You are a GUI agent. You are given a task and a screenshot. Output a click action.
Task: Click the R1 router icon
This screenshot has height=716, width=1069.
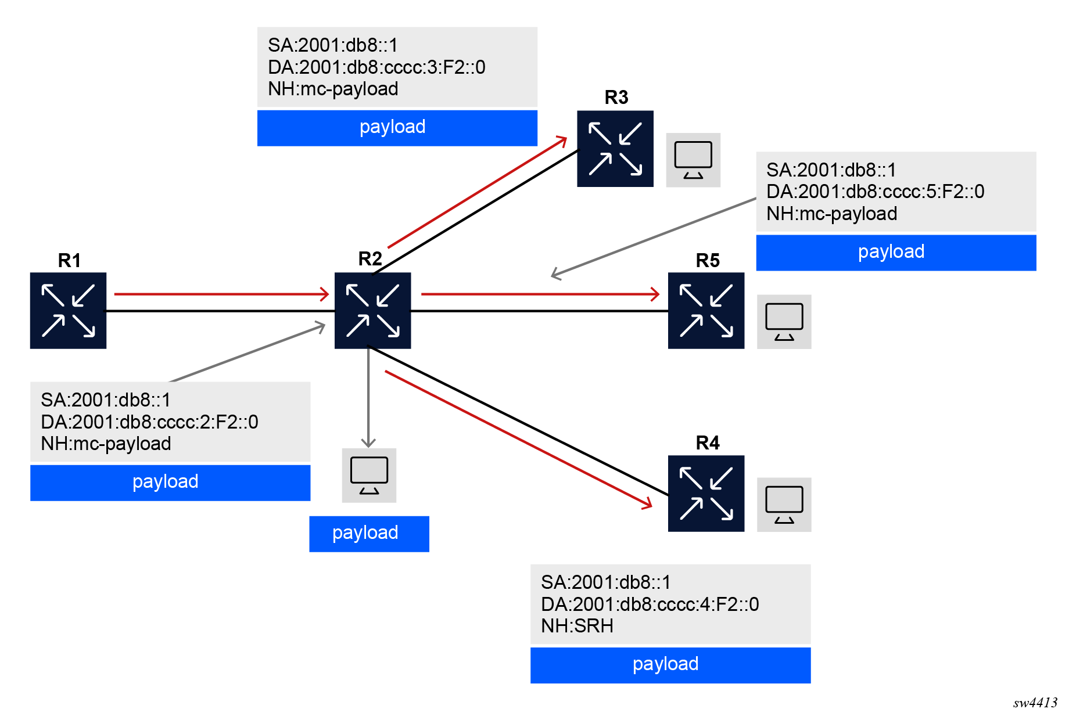click(x=68, y=311)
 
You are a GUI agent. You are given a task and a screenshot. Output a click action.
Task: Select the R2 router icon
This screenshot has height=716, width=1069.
click(x=372, y=311)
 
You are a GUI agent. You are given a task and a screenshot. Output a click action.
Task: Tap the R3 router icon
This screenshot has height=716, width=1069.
click(x=615, y=149)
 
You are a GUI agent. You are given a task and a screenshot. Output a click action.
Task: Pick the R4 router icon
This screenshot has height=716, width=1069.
click(x=706, y=494)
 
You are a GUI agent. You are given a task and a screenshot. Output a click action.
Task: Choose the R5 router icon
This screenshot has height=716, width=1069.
click(x=706, y=311)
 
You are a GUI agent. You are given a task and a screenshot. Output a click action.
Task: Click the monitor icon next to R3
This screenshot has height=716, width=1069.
click(x=693, y=160)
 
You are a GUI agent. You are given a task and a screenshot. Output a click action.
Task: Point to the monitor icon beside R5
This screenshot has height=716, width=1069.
click(x=784, y=322)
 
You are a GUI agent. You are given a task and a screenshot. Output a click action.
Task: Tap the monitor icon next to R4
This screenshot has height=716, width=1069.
click(x=784, y=505)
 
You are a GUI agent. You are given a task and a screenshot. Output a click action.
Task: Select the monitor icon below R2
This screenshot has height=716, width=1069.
click(x=369, y=475)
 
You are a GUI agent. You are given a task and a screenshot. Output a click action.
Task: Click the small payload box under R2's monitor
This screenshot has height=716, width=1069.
click(x=369, y=534)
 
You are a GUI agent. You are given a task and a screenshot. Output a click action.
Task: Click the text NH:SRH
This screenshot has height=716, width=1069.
click(x=577, y=626)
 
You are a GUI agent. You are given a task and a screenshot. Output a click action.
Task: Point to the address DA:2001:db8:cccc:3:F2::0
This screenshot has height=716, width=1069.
click(x=376, y=67)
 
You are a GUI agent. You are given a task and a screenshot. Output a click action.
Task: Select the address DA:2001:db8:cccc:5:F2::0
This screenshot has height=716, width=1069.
click(x=875, y=192)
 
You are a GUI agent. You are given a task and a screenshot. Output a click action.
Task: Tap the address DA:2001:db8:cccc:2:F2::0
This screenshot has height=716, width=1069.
click(x=149, y=422)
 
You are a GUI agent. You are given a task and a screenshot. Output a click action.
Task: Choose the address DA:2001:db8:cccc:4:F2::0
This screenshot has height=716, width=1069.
click(x=650, y=605)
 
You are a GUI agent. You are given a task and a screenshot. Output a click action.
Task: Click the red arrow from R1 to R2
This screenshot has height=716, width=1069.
click(x=221, y=294)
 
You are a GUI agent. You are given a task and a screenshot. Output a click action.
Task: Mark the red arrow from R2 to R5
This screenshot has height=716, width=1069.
click(x=540, y=294)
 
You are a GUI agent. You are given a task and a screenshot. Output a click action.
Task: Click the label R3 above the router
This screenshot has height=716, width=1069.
click(x=616, y=98)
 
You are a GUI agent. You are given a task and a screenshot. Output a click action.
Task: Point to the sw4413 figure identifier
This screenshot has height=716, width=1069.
click(x=1035, y=703)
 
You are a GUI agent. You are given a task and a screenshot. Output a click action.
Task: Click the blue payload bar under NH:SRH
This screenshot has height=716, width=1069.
click(x=670, y=665)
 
